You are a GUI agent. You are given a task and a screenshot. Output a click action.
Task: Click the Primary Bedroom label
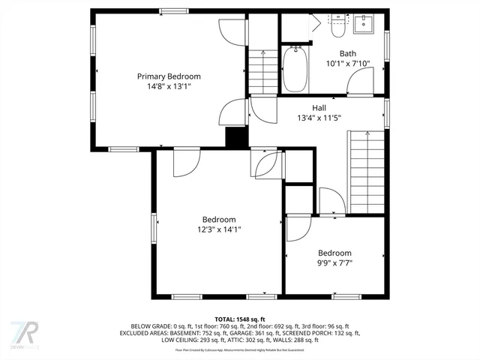coord(169,76)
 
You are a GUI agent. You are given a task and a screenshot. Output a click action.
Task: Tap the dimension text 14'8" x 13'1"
coord(169,86)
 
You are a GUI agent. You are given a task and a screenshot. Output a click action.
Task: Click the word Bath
coord(348,53)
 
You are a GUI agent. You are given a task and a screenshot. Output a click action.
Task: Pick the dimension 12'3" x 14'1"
coord(219,229)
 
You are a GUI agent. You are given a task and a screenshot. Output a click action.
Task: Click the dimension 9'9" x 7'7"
coord(334,263)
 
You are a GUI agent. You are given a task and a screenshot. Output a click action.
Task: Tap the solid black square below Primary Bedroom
coord(236,137)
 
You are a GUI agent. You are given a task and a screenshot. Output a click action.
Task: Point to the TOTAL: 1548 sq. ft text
coord(240,319)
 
